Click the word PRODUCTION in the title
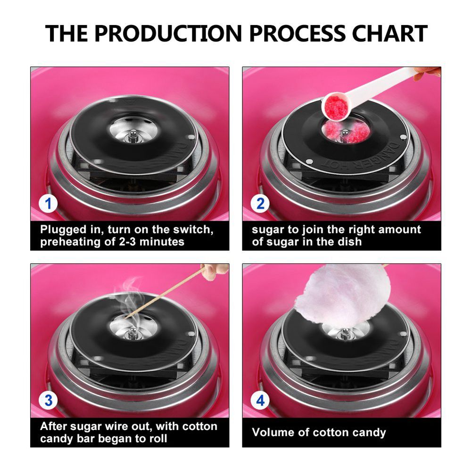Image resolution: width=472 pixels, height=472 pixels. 169,33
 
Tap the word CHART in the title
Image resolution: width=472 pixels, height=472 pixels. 389,33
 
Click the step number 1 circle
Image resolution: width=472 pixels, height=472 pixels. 48,204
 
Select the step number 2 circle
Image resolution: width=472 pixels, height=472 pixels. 260,204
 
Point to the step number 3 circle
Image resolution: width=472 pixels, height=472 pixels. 48,401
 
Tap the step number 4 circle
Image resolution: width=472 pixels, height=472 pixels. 260,401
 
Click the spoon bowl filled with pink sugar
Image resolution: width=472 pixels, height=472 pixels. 335,107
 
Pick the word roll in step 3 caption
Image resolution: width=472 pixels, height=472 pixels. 158,439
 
